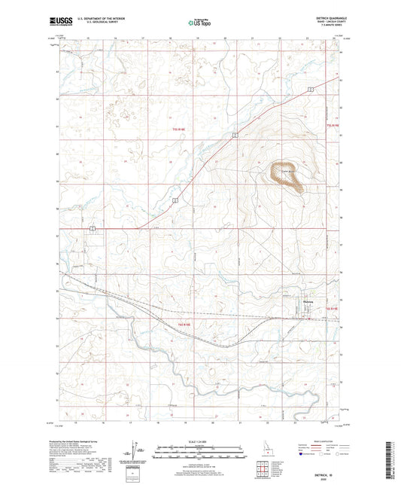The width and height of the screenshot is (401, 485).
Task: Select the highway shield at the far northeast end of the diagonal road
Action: click(x=309, y=90)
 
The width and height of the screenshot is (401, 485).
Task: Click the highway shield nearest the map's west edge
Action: click(x=92, y=227)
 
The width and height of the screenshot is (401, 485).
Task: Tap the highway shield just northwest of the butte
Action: click(x=235, y=136)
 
